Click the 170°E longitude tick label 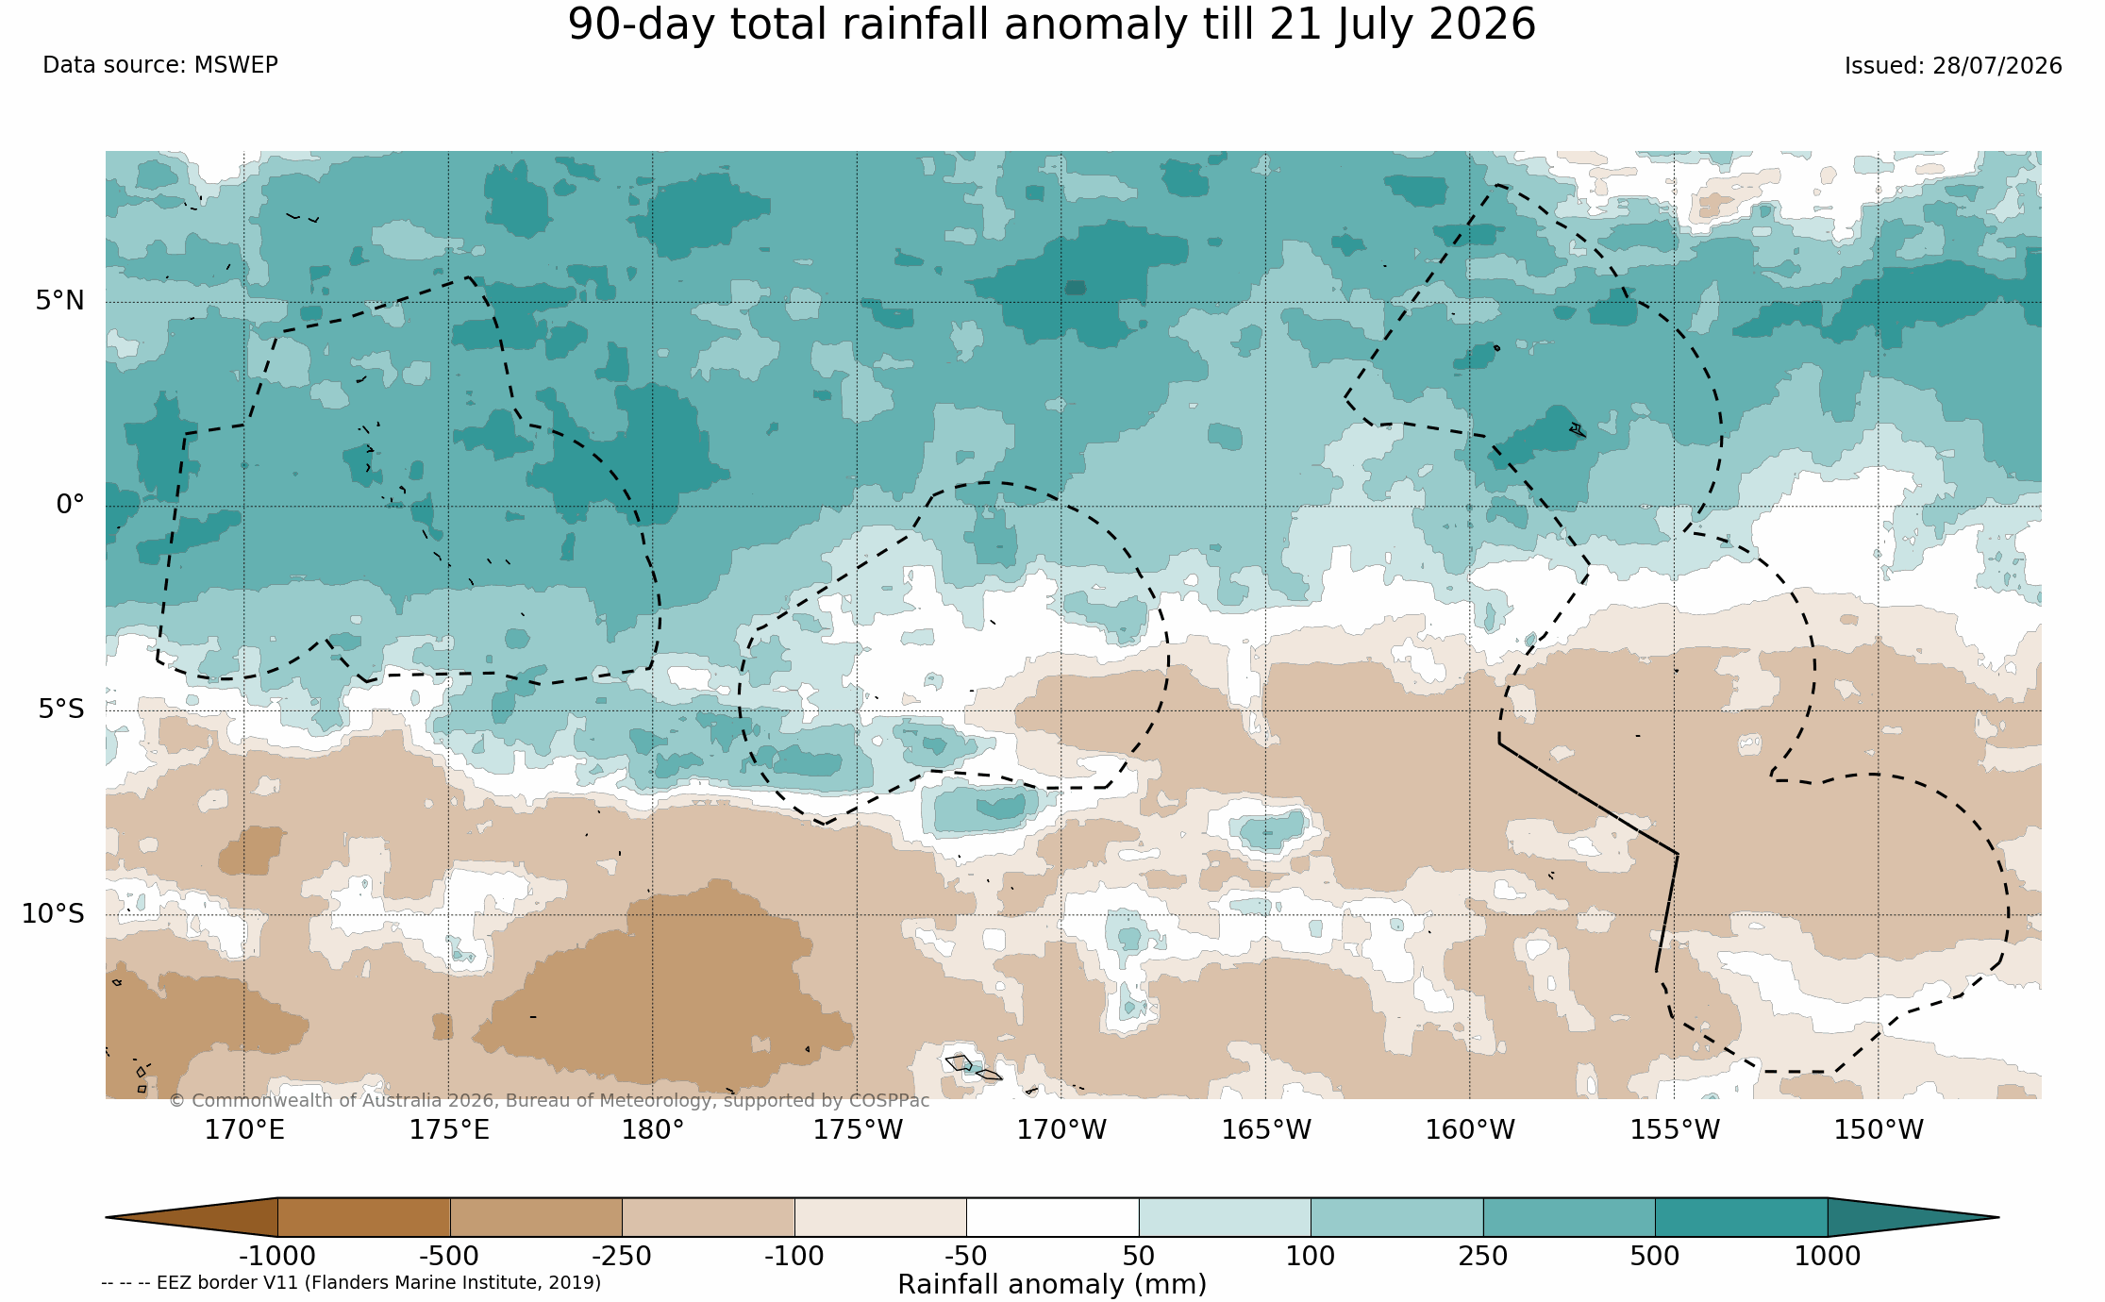[244, 1129]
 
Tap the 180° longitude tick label [652, 1129]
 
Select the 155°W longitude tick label [1675, 1129]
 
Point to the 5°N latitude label [60, 300]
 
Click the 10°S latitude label [53, 913]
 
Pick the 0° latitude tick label [70, 505]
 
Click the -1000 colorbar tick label [277, 1257]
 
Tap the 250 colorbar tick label [1483, 1257]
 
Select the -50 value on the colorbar [966, 1257]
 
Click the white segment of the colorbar [1053, 1217]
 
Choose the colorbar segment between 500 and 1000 [1742, 1217]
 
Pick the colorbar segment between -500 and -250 [536, 1217]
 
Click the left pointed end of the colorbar [107, 1217]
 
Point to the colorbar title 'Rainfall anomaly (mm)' [1052, 1285]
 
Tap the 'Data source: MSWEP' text [160, 65]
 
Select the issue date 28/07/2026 [1997, 66]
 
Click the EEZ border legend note [351, 1283]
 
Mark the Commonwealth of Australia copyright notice [549, 1101]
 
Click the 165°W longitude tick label [1266, 1129]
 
